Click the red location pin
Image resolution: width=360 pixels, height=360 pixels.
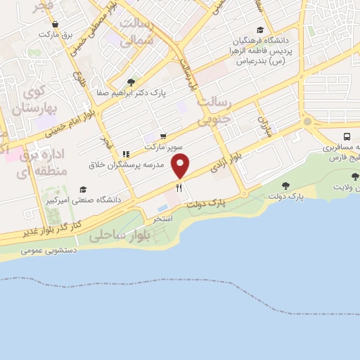point(181,166)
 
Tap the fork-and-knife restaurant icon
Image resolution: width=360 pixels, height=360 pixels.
point(179,188)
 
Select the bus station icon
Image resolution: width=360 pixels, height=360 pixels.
point(347,136)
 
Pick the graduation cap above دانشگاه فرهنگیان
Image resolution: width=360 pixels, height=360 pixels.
point(261,30)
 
